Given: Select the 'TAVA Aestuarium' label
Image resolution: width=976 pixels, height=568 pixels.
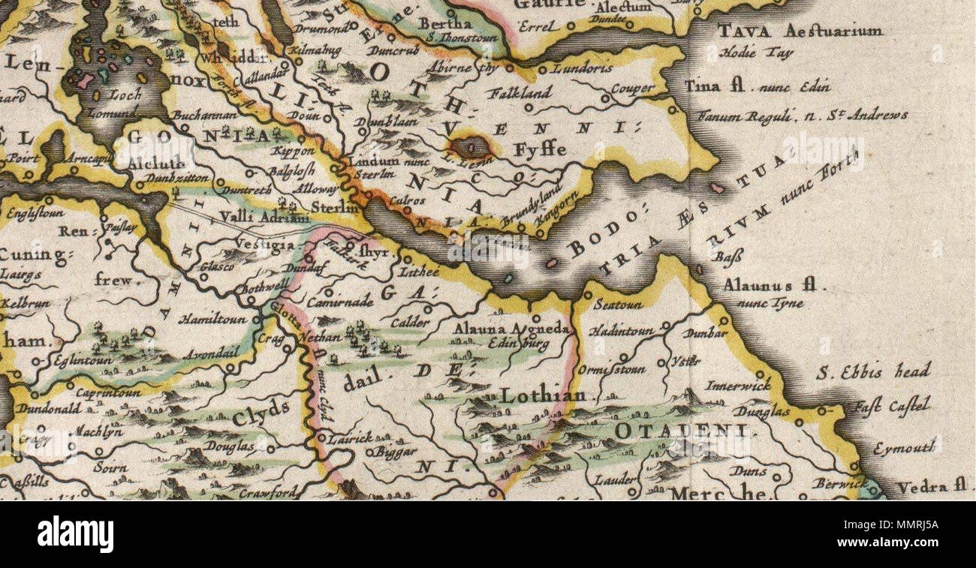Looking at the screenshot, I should pyautogui.click(x=799, y=32).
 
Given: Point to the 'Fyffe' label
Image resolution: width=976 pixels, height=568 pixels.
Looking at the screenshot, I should pyautogui.click(x=540, y=149).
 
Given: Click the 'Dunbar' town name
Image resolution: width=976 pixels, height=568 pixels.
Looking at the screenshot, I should pyautogui.click(x=705, y=333).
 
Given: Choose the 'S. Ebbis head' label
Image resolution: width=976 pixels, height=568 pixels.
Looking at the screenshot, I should pyautogui.click(x=875, y=371).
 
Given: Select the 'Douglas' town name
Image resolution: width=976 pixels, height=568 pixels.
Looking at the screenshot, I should pyautogui.click(x=230, y=446).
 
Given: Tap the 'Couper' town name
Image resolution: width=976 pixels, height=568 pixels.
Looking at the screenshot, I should pyautogui.click(x=633, y=89).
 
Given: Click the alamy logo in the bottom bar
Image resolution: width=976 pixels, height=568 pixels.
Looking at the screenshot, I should pyautogui.click(x=75, y=534).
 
